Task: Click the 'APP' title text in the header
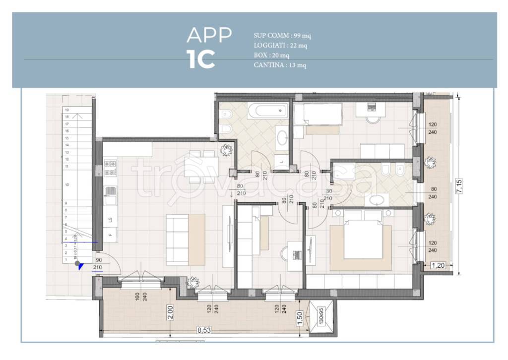[x=209, y=35]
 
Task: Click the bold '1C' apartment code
[x=201, y=60]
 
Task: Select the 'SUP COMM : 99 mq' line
[x=282, y=36]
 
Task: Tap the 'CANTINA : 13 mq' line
[x=279, y=65]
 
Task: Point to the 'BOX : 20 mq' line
[x=271, y=55]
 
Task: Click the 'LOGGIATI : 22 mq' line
[x=280, y=46]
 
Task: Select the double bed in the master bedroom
[x=361, y=238]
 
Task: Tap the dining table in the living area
[x=200, y=164]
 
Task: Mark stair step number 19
[x=66, y=110]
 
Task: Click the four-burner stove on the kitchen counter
[x=110, y=168]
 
